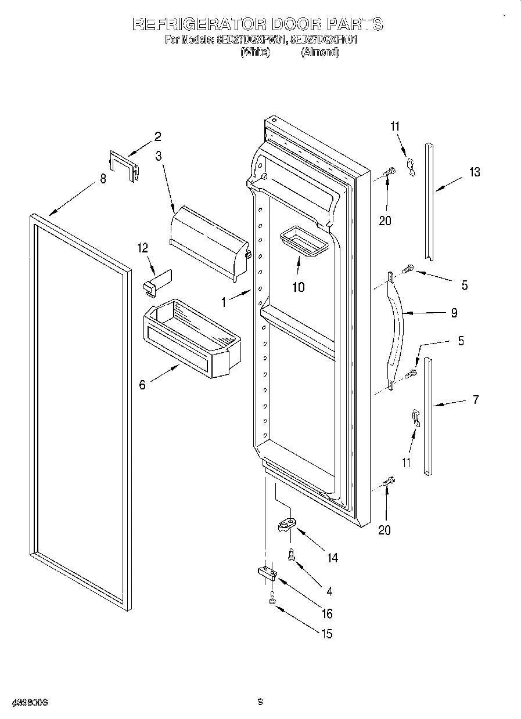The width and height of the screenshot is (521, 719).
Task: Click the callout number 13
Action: pyautogui.click(x=475, y=172)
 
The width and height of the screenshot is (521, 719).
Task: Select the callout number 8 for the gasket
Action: pyautogui.click(x=103, y=179)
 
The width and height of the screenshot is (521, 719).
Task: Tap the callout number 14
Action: pyautogui.click(x=332, y=558)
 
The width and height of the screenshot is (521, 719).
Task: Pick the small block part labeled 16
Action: pyautogui.click(x=267, y=574)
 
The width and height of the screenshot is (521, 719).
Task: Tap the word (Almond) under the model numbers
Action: pyautogui.click(x=319, y=52)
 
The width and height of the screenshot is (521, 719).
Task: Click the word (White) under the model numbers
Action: pyautogui.click(x=255, y=52)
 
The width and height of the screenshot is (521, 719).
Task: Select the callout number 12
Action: pyautogui.click(x=143, y=248)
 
